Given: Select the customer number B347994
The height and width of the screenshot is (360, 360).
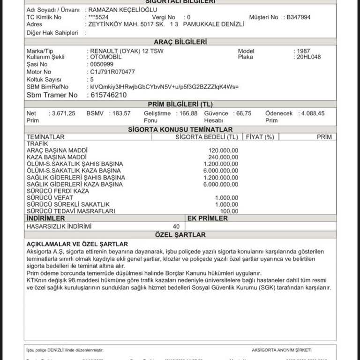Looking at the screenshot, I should [x=299, y=17].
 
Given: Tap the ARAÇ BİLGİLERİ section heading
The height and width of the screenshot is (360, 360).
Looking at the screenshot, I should [x=180, y=42].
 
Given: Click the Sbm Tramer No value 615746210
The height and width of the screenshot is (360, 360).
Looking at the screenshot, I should [x=107, y=95].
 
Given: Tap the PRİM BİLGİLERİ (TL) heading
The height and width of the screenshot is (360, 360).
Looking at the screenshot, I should [x=180, y=104].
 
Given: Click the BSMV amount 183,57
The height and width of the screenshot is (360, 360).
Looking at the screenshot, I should [x=121, y=113].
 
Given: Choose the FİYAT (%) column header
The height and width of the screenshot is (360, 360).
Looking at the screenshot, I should [x=259, y=137].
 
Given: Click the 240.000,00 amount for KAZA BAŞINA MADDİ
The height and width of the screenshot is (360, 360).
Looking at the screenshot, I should [x=223, y=157].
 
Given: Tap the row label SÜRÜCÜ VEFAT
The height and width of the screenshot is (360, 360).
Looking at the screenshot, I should [x=50, y=198].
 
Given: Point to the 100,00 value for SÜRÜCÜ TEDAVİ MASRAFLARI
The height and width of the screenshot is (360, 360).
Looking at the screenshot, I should [x=229, y=211].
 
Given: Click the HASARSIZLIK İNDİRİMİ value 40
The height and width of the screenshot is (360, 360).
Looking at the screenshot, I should [x=176, y=226].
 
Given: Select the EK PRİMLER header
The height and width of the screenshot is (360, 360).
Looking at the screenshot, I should [x=208, y=218].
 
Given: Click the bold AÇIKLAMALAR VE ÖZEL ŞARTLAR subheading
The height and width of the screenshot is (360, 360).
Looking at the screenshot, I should [x=77, y=244].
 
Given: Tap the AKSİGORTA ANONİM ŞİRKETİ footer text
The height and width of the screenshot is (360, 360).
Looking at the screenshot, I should [x=281, y=350].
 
